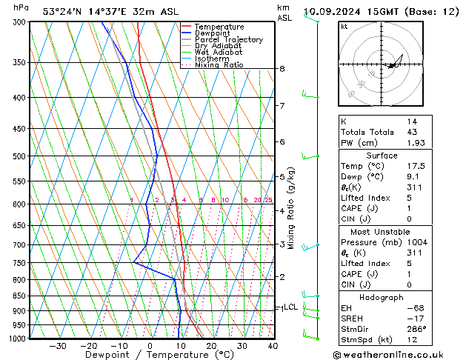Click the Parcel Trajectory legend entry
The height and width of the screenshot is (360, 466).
coord(228,39)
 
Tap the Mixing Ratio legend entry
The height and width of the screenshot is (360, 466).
coord(219,65)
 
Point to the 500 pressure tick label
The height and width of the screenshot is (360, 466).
coord(19,156)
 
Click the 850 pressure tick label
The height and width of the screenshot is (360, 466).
coord(19,296)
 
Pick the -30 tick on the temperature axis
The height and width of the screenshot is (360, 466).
coord(57,346)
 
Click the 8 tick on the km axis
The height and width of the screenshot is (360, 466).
coord(282,69)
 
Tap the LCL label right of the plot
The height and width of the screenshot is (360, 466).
coord(290,307)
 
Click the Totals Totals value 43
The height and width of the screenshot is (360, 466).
coord(411,132)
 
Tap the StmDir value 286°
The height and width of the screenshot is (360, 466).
coord(416,329)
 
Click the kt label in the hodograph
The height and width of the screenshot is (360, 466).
coord(344,27)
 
